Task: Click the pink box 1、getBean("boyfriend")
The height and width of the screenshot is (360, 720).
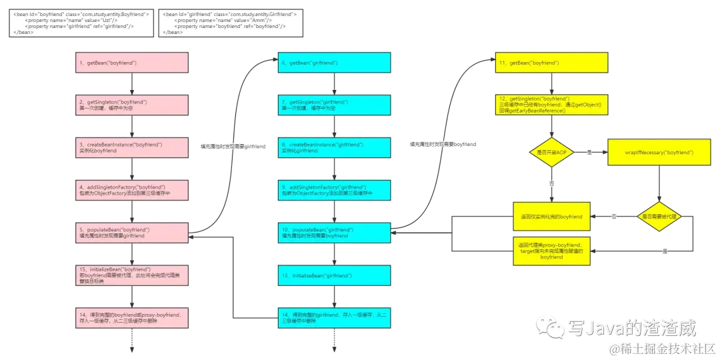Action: click(x=134, y=63)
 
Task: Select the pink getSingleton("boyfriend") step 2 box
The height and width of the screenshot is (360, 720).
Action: click(x=134, y=105)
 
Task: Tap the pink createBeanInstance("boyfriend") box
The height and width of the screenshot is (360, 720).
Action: click(x=134, y=147)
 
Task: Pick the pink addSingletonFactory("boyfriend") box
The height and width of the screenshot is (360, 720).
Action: click(x=134, y=190)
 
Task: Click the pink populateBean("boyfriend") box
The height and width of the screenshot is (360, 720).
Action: click(x=134, y=232)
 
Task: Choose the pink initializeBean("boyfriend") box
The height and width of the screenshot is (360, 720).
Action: click(x=134, y=275)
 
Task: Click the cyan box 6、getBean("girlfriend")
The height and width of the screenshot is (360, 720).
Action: click(x=334, y=63)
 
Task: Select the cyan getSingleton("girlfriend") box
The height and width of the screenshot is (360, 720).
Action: click(x=334, y=105)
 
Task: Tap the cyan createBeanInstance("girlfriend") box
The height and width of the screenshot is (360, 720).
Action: click(x=334, y=147)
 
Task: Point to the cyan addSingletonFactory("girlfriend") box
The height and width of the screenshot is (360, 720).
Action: click(x=334, y=190)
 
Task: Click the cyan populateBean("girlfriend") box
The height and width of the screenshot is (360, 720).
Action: click(x=334, y=232)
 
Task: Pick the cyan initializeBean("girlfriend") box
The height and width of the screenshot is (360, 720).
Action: click(x=334, y=275)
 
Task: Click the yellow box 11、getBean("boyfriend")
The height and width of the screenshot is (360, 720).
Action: click(x=551, y=63)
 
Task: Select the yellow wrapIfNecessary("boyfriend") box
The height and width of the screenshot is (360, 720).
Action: click(x=659, y=153)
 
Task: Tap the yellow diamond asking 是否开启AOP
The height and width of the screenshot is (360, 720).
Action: click(x=551, y=153)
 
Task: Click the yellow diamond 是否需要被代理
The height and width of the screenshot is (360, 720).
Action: click(x=658, y=217)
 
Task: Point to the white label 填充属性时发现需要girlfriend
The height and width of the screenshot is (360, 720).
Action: click(x=232, y=146)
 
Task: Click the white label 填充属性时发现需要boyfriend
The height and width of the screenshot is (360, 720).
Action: click(x=443, y=144)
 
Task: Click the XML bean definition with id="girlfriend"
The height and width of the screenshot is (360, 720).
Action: click(x=231, y=23)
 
